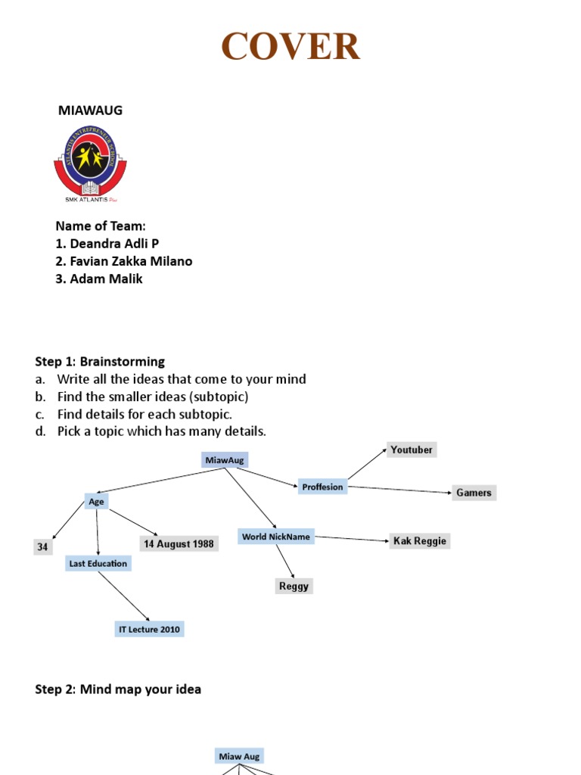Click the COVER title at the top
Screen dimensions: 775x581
(x=290, y=47)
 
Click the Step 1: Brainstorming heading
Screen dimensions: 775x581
(x=100, y=362)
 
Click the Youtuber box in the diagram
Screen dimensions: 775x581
(x=412, y=450)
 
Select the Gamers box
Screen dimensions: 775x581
(x=474, y=493)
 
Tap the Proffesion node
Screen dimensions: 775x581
(x=322, y=487)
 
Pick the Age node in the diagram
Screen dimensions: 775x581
(x=96, y=501)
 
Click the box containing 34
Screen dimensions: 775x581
(x=42, y=546)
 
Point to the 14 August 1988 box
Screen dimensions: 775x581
(x=179, y=543)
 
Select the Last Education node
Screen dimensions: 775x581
(x=98, y=563)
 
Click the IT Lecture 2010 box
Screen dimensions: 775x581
(x=149, y=629)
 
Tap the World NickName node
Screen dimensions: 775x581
(x=275, y=537)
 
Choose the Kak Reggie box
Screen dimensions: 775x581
(x=419, y=540)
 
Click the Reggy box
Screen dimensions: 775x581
(x=294, y=586)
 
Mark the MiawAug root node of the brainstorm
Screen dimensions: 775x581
(x=225, y=459)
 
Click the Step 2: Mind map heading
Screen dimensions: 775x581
(x=118, y=689)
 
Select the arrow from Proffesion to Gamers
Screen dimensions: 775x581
(x=399, y=490)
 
